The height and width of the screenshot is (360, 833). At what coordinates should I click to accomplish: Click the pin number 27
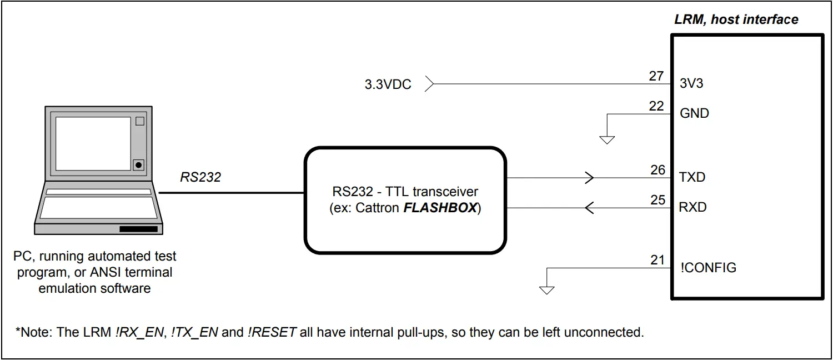[656, 76]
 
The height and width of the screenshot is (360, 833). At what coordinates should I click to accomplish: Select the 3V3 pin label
[692, 84]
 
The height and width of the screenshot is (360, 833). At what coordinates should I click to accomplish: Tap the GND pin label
[694, 113]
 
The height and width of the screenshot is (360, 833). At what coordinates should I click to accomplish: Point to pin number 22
[656, 106]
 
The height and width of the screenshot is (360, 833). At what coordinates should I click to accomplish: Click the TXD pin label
[692, 178]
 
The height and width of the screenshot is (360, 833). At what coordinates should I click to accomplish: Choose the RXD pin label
[693, 208]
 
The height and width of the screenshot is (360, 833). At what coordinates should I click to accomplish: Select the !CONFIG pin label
[708, 268]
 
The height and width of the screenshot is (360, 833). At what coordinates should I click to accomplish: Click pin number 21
[657, 259]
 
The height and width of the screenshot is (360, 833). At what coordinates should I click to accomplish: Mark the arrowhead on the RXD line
[590, 208]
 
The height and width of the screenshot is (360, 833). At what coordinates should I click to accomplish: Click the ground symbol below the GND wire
[607, 139]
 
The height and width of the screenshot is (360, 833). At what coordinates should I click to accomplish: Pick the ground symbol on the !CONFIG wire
[547, 289]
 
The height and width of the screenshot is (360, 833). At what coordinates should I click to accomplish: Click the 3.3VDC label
[388, 86]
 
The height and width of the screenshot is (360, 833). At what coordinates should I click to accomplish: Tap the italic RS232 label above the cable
[200, 177]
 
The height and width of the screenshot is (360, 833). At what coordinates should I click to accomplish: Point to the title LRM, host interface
[736, 20]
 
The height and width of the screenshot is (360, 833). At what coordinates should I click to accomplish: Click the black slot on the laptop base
[139, 229]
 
